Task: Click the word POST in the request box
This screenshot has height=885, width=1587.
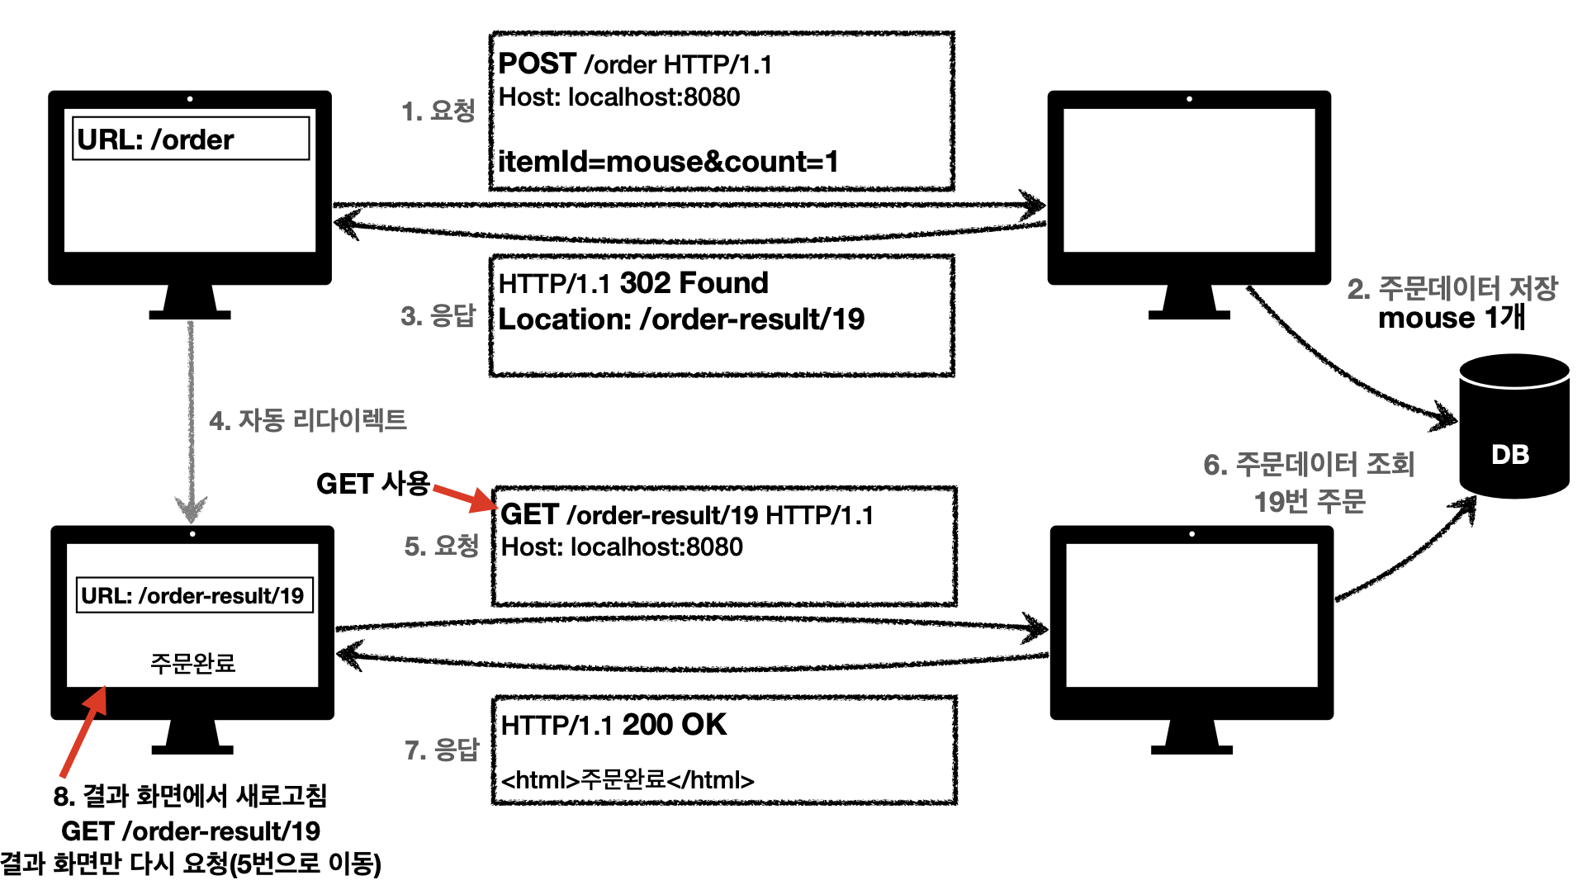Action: (537, 64)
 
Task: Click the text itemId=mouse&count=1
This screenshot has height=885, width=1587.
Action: (667, 162)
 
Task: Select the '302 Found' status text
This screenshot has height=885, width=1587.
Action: (694, 283)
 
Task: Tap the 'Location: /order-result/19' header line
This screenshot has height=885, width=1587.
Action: (681, 319)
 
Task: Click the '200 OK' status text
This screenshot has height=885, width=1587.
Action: (674, 725)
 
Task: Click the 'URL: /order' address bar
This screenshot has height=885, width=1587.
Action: (191, 139)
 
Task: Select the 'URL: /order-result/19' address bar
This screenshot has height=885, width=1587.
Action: (193, 595)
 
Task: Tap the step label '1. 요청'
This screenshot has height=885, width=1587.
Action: (438, 111)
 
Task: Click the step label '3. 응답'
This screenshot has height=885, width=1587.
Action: (438, 315)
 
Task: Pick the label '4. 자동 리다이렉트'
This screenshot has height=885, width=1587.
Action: (308, 420)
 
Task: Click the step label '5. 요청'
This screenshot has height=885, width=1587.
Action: (441, 546)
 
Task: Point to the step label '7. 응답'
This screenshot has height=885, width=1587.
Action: (441, 750)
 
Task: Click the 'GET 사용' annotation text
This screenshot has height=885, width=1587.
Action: (372, 484)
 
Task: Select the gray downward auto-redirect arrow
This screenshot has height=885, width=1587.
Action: (191, 421)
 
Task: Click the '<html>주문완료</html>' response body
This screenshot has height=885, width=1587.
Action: (628, 780)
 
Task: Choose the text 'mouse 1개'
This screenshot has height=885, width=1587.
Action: (1451, 318)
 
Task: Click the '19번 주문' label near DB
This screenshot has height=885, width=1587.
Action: (1310, 501)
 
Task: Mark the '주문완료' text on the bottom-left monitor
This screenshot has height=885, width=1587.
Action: (192, 663)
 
